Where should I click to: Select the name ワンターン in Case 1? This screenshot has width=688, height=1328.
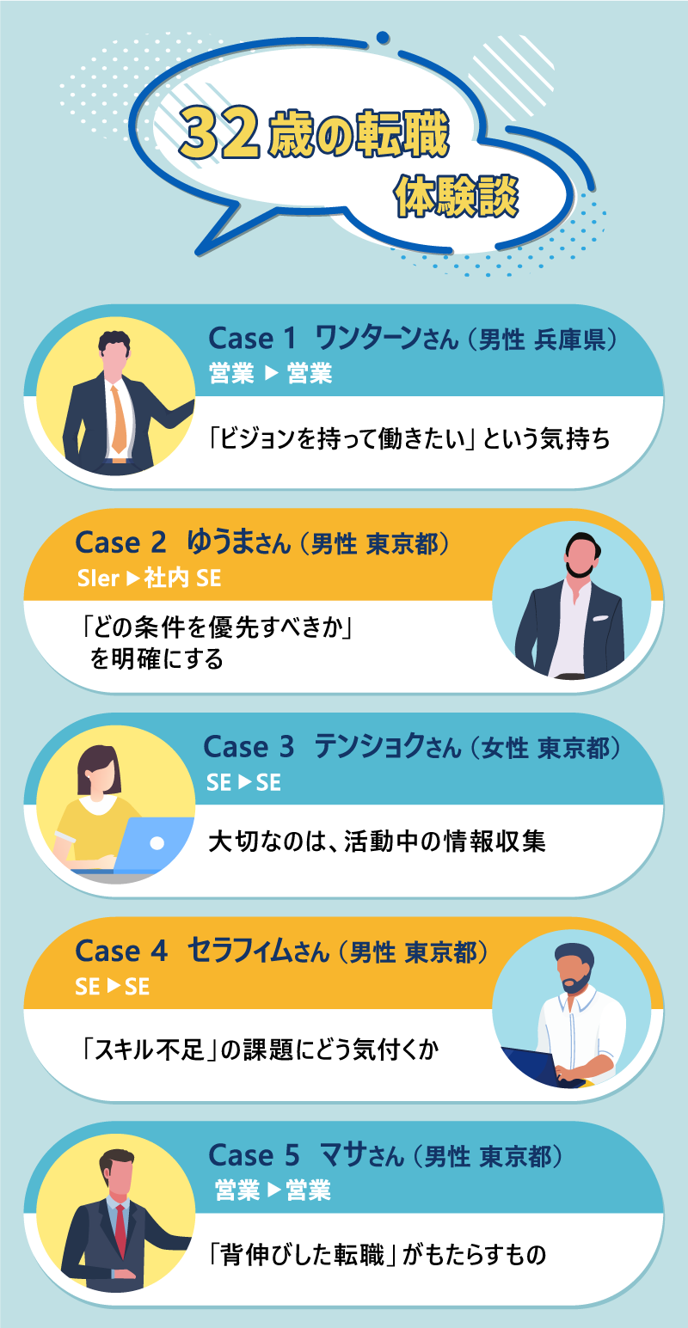pos(367,338)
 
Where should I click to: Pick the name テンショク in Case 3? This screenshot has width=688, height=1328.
pos(369,746)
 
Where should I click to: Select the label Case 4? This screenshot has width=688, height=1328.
pos(120,952)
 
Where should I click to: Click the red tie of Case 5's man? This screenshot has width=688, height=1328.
pos(120,1231)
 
